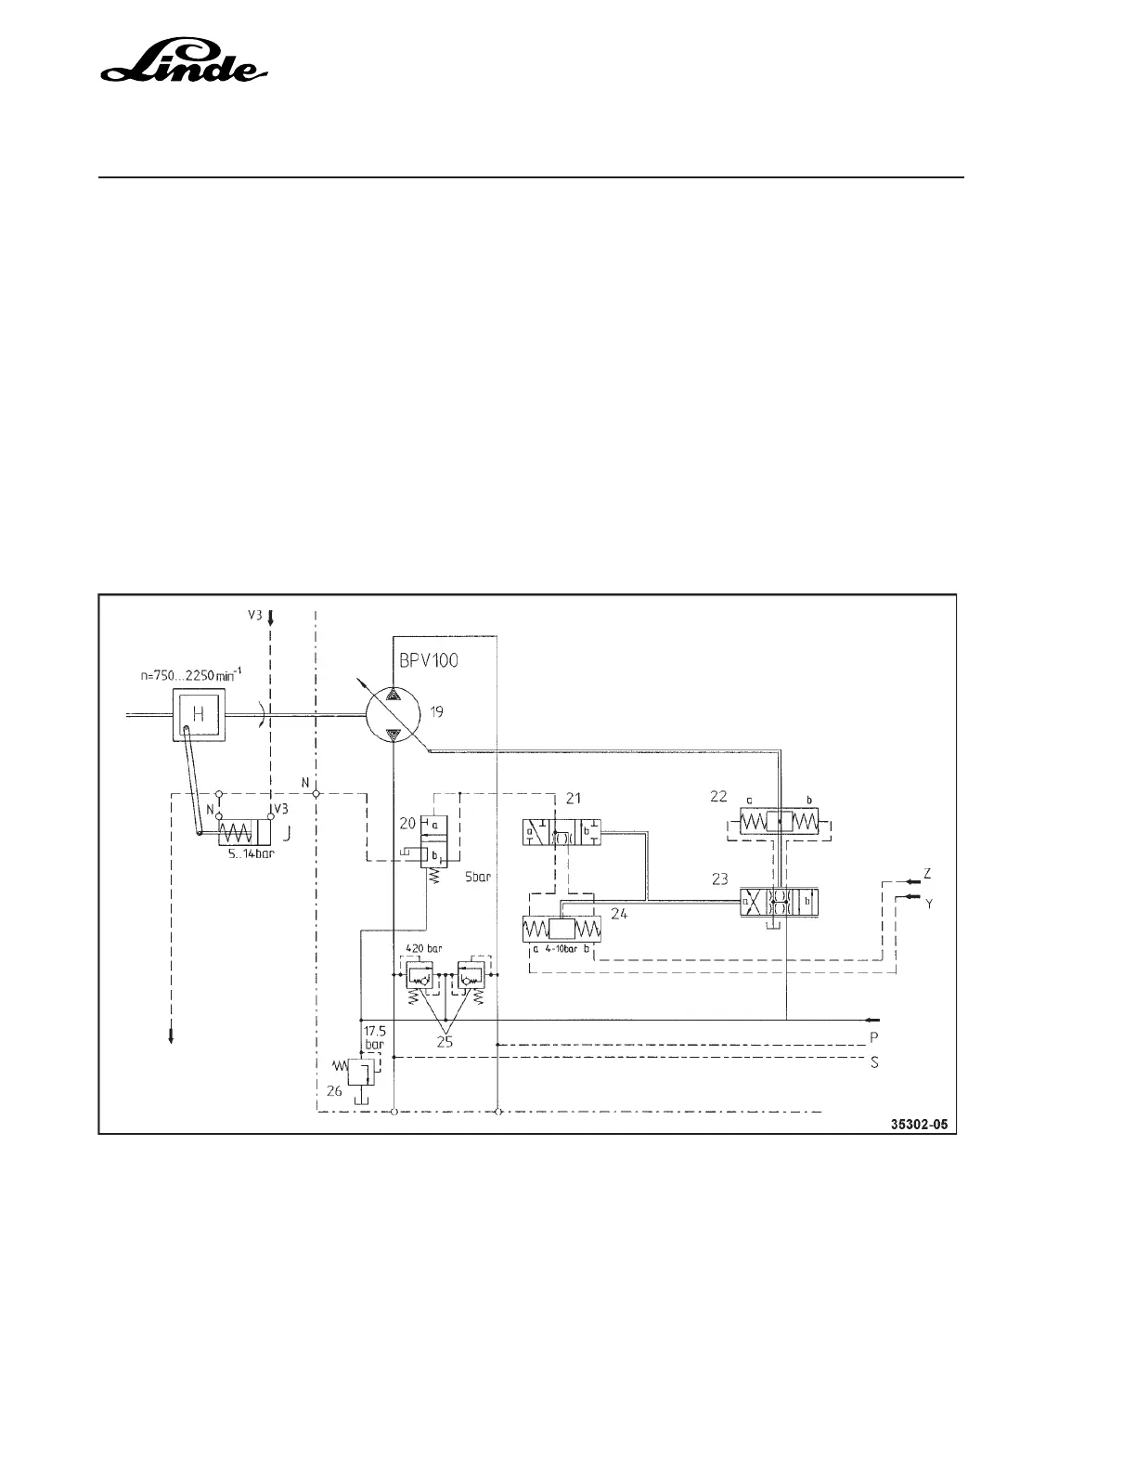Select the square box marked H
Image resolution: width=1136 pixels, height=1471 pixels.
(197, 714)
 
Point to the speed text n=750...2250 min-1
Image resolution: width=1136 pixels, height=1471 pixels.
(190, 676)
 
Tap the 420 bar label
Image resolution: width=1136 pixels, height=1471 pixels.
(424, 949)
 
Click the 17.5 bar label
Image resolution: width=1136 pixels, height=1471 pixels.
(373, 1037)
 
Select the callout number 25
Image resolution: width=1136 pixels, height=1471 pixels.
(445, 1042)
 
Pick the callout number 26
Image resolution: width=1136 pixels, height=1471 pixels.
(333, 1091)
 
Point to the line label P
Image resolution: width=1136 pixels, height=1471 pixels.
(873, 1035)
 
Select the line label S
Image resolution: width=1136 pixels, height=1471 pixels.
(873, 1062)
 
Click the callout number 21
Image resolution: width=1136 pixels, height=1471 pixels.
(573, 798)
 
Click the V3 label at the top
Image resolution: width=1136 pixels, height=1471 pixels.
(252, 616)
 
